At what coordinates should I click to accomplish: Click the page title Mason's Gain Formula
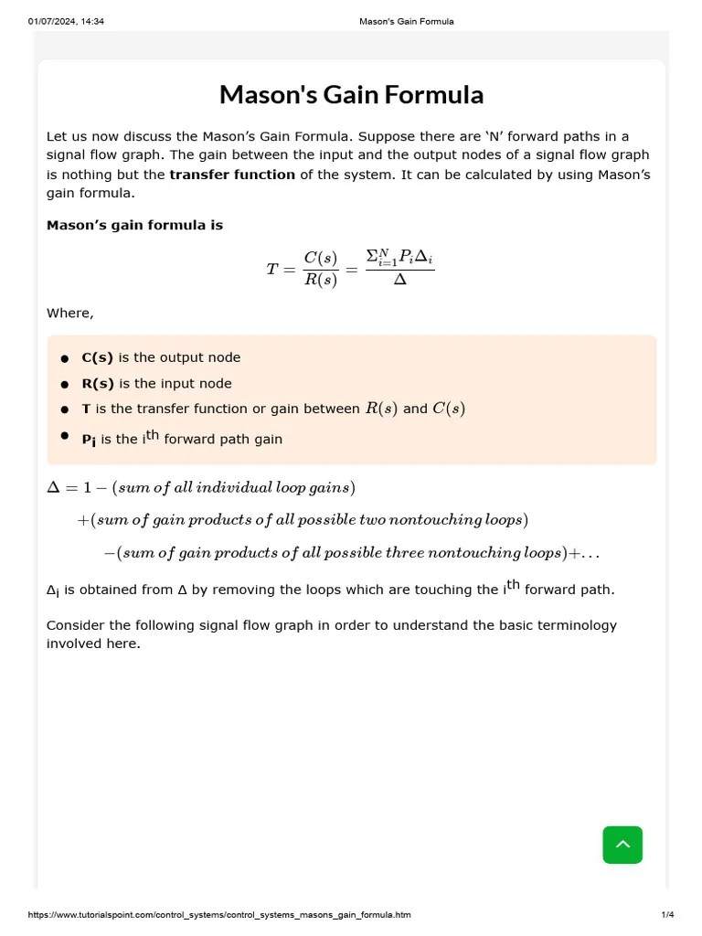coord(351,95)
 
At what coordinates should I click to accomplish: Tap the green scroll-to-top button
coord(622,845)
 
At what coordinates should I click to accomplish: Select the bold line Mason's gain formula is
coord(134,225)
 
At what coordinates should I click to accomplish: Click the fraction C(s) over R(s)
coord(321,269)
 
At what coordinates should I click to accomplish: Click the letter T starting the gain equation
coord(272,269)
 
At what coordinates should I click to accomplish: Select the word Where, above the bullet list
coord(69,314)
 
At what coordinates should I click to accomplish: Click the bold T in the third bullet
coord(86,409)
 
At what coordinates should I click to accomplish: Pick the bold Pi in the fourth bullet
coord(89,440)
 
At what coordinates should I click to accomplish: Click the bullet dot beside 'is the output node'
coord(65,358)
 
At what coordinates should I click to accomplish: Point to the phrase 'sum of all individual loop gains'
coord(233,487)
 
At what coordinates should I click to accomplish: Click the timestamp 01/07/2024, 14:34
coord(66,21)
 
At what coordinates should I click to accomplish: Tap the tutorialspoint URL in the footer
coord(219,915)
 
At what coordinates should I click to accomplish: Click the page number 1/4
coord(667,915)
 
